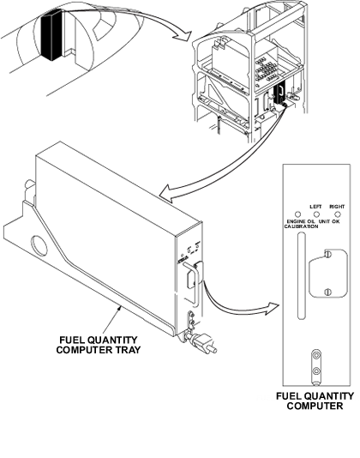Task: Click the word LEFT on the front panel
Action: pyautogui.click(x=315, y=207)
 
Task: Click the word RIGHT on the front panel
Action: pyautogui.click(x=337, y=207)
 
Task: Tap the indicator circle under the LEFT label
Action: pyautogui.click(x=316, y=214)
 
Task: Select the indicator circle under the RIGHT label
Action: pyautogui.click(x=337, y=214)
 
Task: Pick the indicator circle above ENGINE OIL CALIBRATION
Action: pyautogui.click(x=297, y=214)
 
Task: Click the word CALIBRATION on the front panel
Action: pyautogui.click(x=301, y=226)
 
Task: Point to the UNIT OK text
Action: pyautogui.click(x=329, y=221)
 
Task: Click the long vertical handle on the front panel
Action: pyautogui.click(x=301, y=275)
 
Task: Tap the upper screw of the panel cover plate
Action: pyautogui.click(x=327, y=254)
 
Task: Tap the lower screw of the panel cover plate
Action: pyautogui.click(x=327, y=292)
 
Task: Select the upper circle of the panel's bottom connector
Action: pyautogui.click(x=316, y=355)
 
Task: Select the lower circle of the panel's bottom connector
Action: pyautogui.click(x=316, y=371)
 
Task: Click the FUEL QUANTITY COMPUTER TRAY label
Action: pyautogui.click(x=99, y=345)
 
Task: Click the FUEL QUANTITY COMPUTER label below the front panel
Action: pyautogui.click(x=315, y=401)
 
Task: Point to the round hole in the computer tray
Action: pyautogui.click(x=39, y=246)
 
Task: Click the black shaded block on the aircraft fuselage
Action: pyautogui.click(x=51, y=35)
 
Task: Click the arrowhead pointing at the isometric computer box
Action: pyautogui.click(x=167, y=193)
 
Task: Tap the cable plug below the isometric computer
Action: pyautogui.click(x=202, y=343)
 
